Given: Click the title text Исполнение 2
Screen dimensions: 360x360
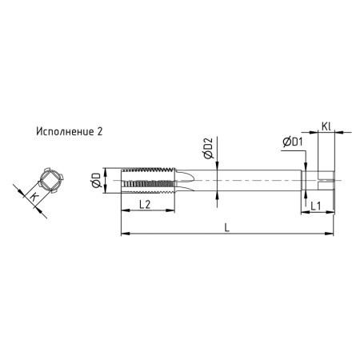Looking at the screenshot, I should click(69, 130).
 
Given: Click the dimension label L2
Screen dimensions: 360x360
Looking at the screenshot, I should click(146, 206).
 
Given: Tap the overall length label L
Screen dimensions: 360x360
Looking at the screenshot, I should click(227, 228).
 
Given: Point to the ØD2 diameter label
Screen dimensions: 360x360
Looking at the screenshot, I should click(208, 149).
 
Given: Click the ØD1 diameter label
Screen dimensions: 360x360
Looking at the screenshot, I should click(292, 142).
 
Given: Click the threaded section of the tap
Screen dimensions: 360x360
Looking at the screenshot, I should click(148, 182).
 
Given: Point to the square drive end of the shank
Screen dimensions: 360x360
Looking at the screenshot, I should click(323, 182).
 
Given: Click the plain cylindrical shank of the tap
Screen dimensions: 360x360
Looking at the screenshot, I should click(248, 182).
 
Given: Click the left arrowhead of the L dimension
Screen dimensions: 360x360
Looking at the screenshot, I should click(122, 234).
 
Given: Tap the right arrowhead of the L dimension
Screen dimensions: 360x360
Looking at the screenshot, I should click(330, 234).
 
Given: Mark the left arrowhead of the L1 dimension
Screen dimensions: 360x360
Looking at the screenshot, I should click(303, 212).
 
